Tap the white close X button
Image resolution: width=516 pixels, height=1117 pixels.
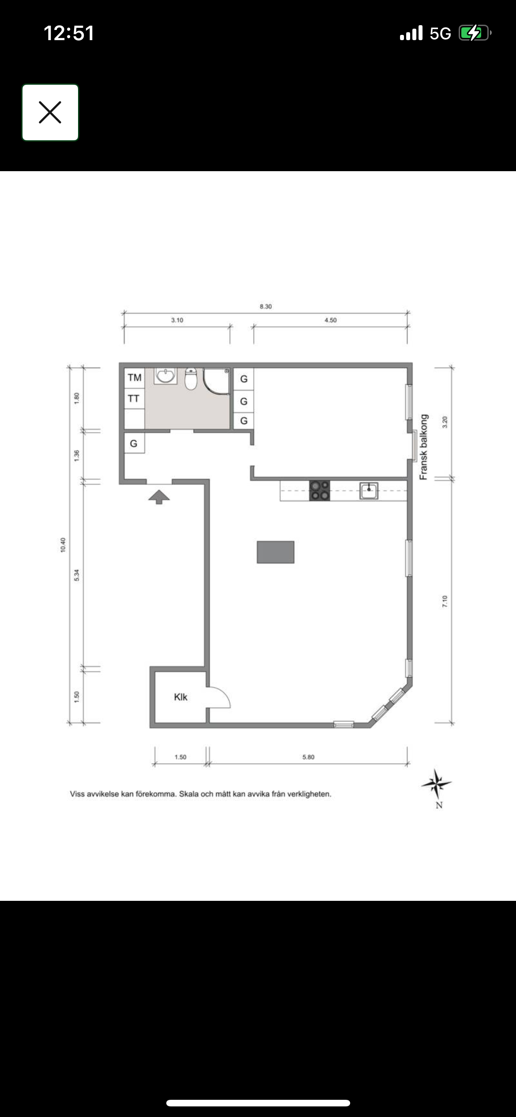coord(50,112)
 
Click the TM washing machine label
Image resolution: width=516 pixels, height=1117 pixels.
coord(135,378)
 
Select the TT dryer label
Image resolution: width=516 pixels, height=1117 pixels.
coord(134,399)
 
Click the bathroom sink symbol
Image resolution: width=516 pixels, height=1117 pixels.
coord(166,376)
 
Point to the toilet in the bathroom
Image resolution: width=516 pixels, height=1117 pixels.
coord(191,379)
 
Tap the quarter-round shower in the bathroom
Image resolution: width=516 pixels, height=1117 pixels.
coord(216,381)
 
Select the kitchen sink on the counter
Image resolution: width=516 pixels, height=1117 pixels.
coord(369,491)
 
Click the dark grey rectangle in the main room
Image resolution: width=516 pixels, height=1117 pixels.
coord(276,552)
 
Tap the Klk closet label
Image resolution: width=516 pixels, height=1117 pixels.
coord(181,697)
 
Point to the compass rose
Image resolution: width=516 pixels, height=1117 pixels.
coord(437,784)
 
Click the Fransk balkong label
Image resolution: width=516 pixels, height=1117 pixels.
coord(424,447)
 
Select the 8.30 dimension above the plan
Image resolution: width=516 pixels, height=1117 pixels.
coord(265,307)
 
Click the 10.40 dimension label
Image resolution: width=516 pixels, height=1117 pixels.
coord(63,545)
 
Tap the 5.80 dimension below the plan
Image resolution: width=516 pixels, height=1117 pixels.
coord(308,757)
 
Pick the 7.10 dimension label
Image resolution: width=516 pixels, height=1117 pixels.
coord(445,601)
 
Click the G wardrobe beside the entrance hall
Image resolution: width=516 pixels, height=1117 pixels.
coord(134,444)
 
